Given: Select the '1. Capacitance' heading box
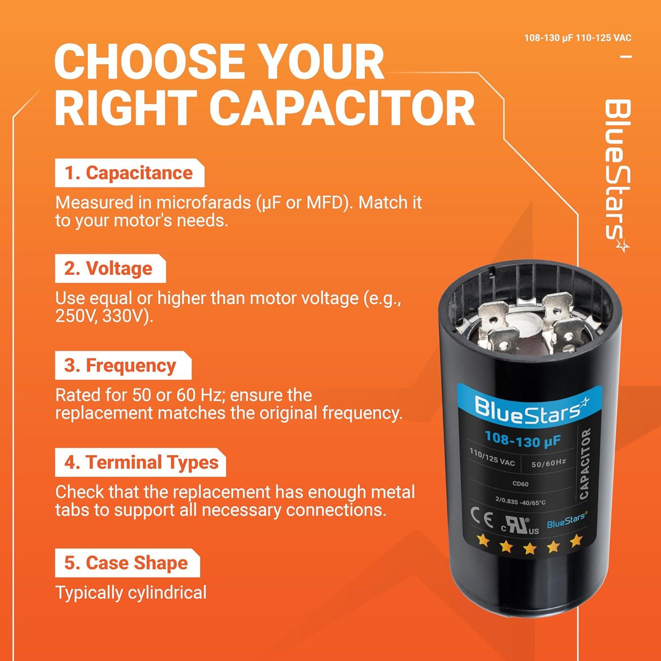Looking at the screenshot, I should (129, 173).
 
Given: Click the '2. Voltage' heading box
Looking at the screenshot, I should (110, 268).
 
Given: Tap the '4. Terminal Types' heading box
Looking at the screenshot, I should (140, 462).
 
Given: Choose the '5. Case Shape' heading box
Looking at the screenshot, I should (127, 563).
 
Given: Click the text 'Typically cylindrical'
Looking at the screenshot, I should (131, 593).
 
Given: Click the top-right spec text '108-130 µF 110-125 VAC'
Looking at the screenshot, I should (577, 38).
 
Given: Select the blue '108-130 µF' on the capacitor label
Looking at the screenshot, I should (522, 439).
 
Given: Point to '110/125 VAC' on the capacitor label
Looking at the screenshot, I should (492, 457).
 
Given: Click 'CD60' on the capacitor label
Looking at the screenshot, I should (520, 484).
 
